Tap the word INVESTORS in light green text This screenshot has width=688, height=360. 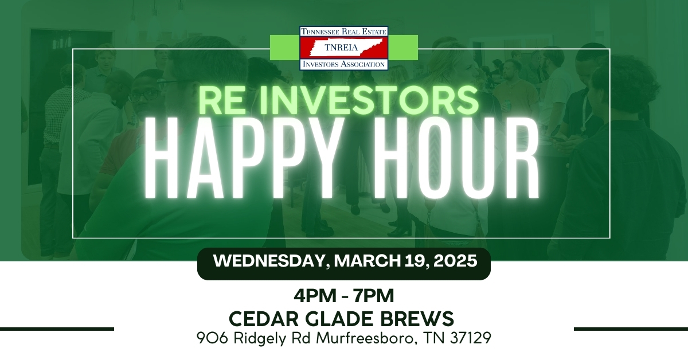point(366,100)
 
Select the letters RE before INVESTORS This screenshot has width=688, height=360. point(222,100)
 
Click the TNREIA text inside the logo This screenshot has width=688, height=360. point(342,48)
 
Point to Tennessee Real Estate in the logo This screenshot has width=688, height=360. point(343,32)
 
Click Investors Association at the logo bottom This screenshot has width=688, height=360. point(343,64)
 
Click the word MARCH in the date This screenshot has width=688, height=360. point(368,261)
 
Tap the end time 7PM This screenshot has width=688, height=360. point(373,296)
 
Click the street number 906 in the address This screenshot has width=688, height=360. point(213,338)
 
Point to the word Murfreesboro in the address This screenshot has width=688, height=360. point(367,338)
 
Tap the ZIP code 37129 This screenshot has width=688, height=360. point(471,338)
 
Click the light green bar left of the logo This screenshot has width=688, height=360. point(285,48)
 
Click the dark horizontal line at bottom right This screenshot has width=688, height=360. point(631,329)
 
